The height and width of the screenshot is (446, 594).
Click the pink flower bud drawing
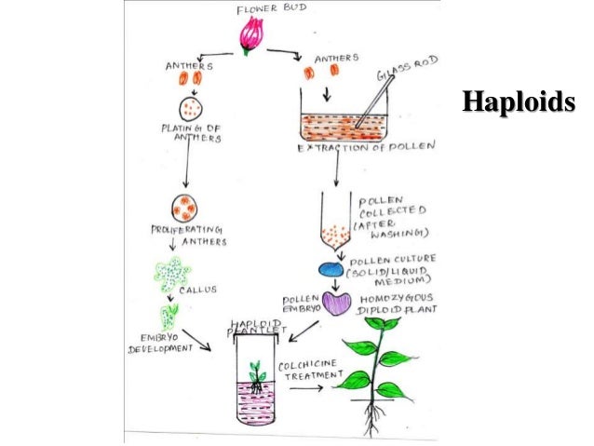tap(250, 34)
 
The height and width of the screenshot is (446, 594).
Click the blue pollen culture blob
tap(332, 269)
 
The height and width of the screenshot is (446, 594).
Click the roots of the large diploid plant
tap(371, 418)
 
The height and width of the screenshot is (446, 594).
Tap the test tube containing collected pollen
tap(330, 223)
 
